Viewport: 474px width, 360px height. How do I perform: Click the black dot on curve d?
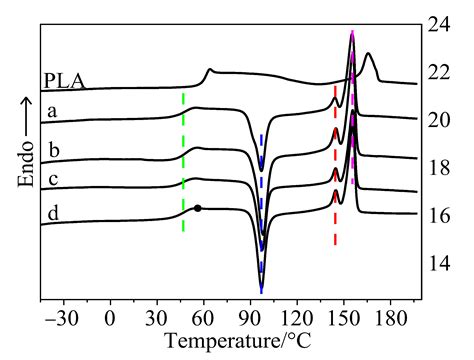[197, 208]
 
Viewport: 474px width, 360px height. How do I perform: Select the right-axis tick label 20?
[441, 120]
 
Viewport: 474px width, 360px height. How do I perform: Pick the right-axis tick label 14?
[441, 264]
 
